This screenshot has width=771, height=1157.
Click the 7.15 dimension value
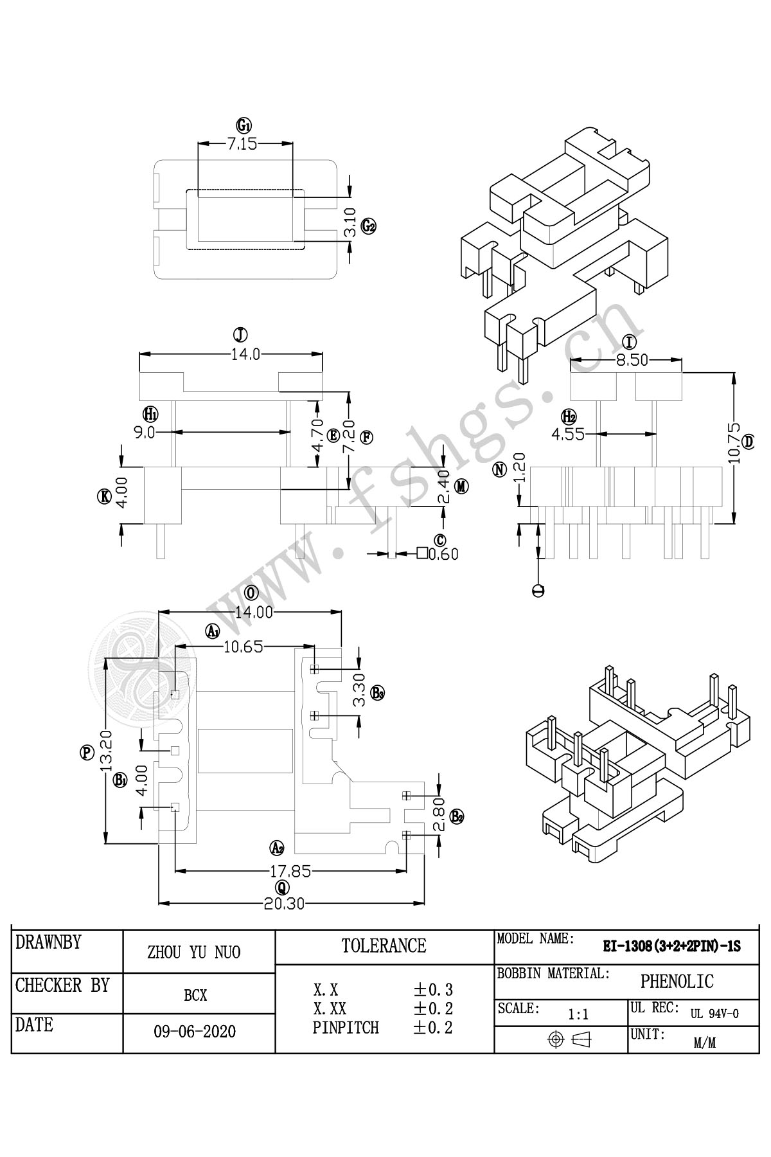[x=242, y=144]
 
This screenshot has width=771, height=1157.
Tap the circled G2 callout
[x=368, y=226]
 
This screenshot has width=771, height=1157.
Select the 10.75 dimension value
[x=734, y=443]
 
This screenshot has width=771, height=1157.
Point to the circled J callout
[x=240, y=335]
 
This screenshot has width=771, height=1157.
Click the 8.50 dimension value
[x=632, y=361]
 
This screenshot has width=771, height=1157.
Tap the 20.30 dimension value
[x=284, y=904]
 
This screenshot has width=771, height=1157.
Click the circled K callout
[x=104, y=496]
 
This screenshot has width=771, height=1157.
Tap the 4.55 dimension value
[x=568, y=435]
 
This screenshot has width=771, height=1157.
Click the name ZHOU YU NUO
[x=194, y=952]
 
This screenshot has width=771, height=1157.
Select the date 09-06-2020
[x=195, y=1032]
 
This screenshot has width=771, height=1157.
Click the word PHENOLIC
[x=677, y=982]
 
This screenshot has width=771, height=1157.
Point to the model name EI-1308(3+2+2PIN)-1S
[x=671, y=946]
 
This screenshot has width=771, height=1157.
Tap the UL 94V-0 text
[x=714, y=1014]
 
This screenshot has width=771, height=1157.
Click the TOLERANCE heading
[x=384, y=946]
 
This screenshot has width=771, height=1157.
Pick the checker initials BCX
[x=195, y=996]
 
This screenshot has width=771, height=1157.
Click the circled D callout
[x=749, y=442]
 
